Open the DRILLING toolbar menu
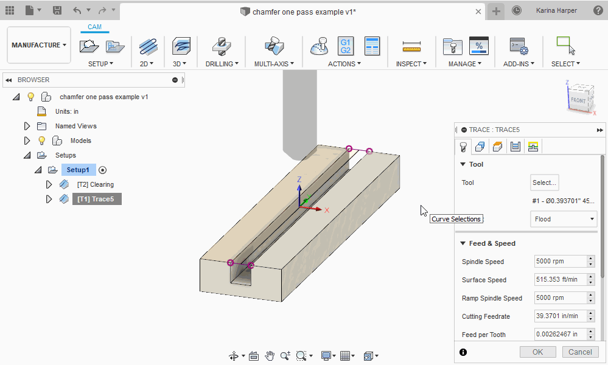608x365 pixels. coord(222,63)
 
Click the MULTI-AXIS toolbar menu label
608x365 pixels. coord(274,63)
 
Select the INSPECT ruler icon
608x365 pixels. coord(411,46)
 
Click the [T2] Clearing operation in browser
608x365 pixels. coord(95,184)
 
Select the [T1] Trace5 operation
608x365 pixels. coord(97,199)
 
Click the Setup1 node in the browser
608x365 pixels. coord(79,170)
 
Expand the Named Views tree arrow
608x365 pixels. coord(27,126)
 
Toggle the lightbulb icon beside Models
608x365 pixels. coord(42,141)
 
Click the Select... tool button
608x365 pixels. coord(544,182)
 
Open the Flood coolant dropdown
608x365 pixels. coord(564,219)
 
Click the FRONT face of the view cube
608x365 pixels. coord(578,100)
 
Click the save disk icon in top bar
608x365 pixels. coord(57,10)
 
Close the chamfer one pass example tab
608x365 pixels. coord(478,12)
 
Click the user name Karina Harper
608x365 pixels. coord(557,10)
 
